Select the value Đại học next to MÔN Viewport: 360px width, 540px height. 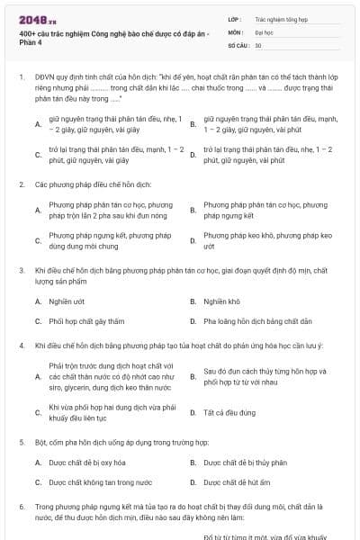coord(265,31)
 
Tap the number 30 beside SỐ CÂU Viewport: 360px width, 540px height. coord(258,44)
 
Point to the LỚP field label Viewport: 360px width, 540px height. coord(234,18)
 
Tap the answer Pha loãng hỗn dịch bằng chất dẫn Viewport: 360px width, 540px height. coord(257,320)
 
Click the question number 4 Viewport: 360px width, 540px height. coord(21,346)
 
